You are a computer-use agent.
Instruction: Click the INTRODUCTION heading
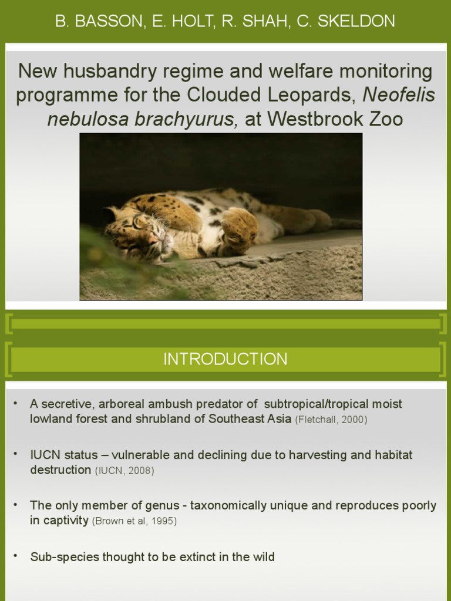tap(225, 359)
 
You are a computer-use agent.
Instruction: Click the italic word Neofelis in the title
tap(399, 95)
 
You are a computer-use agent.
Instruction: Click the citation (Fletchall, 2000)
tap(331, 420)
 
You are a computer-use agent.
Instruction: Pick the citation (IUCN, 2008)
tap(124, 471)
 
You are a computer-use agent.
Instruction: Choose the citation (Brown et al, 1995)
tap(134, 521)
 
